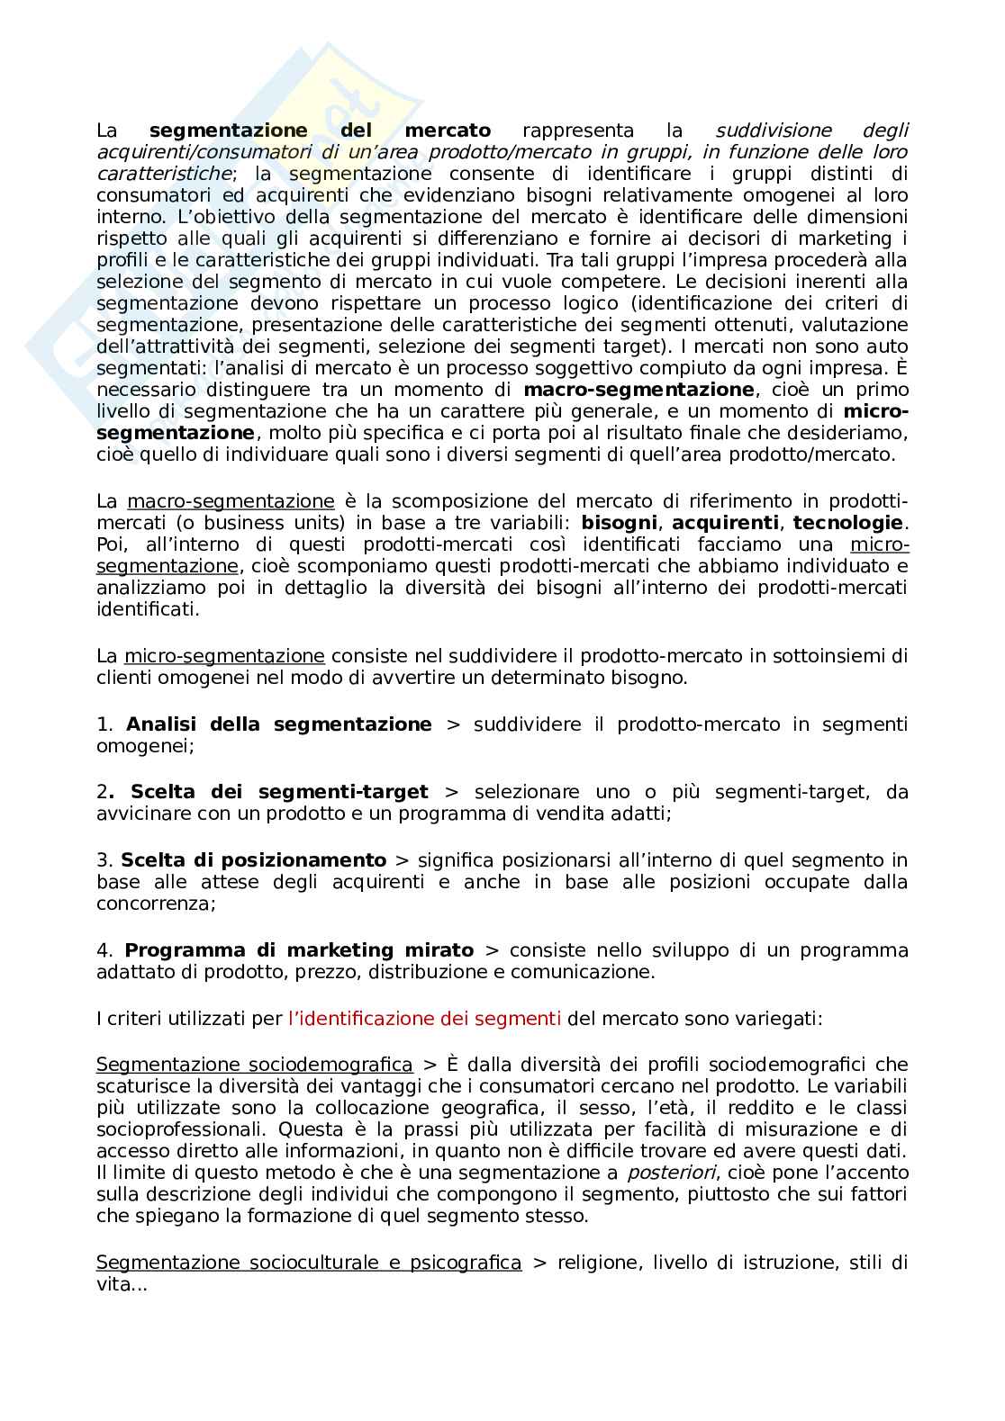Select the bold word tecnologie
tap(847, 523)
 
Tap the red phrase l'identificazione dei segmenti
tap(424, 1019)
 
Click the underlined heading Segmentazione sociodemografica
tap(254, 1065)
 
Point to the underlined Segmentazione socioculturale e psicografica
tap(308, 1263)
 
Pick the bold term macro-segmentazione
tap(638, 390)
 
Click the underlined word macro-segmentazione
tap(231, 501)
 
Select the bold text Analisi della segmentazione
tap(279, 724)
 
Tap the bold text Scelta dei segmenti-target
tap(279, 792)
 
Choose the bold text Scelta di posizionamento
tap(253, 860)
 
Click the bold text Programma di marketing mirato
tap(299, 950)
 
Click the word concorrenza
tap(156, 904)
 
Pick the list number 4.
tap(104, 950)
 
